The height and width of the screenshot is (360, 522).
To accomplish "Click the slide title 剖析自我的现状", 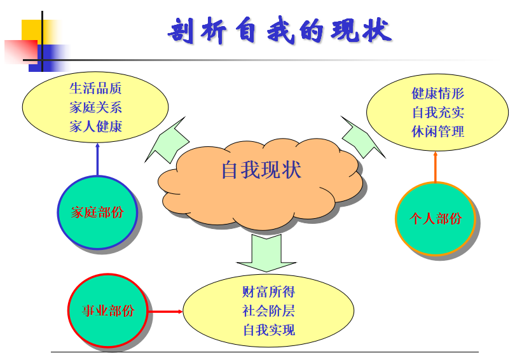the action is pyautogui.click(x=279, y=31).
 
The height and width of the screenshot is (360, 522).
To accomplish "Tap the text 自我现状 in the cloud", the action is pyautogui.click(x=261, y=170).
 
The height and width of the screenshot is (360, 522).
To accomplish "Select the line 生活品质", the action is pyautogui.click(x=95, y=88).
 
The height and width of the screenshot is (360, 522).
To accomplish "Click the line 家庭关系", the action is pyautogui.click(x=95, y=107).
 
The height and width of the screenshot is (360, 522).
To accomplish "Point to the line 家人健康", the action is pyautogui.click(x=95, y=126).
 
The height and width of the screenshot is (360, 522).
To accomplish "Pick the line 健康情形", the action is pyautogui.click(x=438, y=93).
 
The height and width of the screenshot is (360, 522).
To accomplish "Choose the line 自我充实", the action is pyautogui.click(x=438, y=112).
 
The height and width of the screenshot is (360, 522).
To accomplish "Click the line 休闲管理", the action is pyautogui.click(x=438, y=131).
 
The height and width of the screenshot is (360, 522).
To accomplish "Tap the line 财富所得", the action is pyautogui.click(x=269, y=292).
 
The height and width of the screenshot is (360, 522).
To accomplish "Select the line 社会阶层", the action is pyautogui.click(x=269, y=311).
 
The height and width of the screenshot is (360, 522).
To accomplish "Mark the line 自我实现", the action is pyautogui.click(x=269, y=330).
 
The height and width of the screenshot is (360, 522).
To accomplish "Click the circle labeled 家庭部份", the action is pyautogui.click(x=97, y=212).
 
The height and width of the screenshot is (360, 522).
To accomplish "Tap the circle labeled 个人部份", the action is pyautogui.click(x=436, y=219).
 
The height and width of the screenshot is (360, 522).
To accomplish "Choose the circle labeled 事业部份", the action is pyautogui.click(x=108, y=311).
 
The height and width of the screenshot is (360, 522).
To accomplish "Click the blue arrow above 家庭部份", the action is pyautogui.click(x=97, y=159).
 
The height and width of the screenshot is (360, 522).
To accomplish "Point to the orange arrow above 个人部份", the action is pyautogui.click(x=435, y=167).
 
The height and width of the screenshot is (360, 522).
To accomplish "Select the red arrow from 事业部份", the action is pyautogui.click(x=165, y=312).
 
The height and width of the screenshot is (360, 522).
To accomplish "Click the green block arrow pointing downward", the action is pyautogui.click(x=266, y=253).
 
